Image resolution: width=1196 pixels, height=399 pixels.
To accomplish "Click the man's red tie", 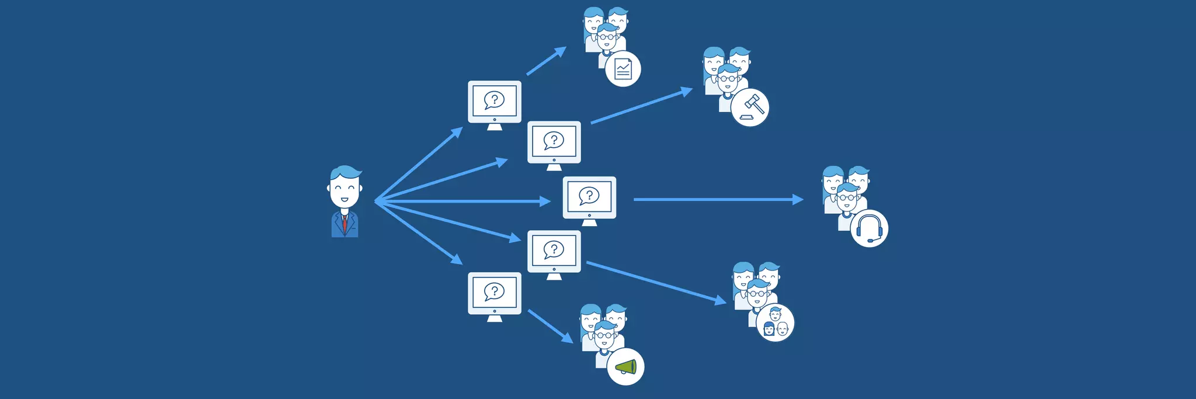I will (345, 223).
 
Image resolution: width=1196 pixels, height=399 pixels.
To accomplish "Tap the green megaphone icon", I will (626, 367).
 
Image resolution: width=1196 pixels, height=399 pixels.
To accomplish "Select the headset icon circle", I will (869, 228).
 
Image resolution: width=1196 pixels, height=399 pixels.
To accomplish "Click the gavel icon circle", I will (750, 107).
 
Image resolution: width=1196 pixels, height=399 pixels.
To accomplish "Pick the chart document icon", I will (623, 69).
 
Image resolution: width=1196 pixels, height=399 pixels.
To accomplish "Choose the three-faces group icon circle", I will (775, 322).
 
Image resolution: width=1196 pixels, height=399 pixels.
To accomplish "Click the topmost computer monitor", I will (495, 102).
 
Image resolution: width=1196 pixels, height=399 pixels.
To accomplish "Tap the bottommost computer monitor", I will (495, 294).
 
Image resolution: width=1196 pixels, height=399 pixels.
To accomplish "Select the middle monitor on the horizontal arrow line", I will (589, 198).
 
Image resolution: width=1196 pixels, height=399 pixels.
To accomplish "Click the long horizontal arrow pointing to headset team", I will (718, 199).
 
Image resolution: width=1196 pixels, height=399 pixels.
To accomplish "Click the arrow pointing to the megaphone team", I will (550, 326).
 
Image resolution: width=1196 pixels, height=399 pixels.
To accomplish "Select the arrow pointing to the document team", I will (547, 61).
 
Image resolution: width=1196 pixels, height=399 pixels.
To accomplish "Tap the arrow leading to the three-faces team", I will (656, 283).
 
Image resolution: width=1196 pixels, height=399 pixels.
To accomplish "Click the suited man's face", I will (345, 190).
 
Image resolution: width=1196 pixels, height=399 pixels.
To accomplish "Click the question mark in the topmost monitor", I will (495, 99).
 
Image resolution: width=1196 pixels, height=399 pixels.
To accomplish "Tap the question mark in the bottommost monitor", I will (495, 290).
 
